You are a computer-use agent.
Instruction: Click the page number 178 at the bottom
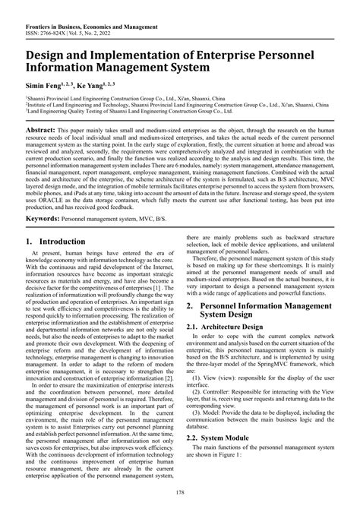pos(180,495)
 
